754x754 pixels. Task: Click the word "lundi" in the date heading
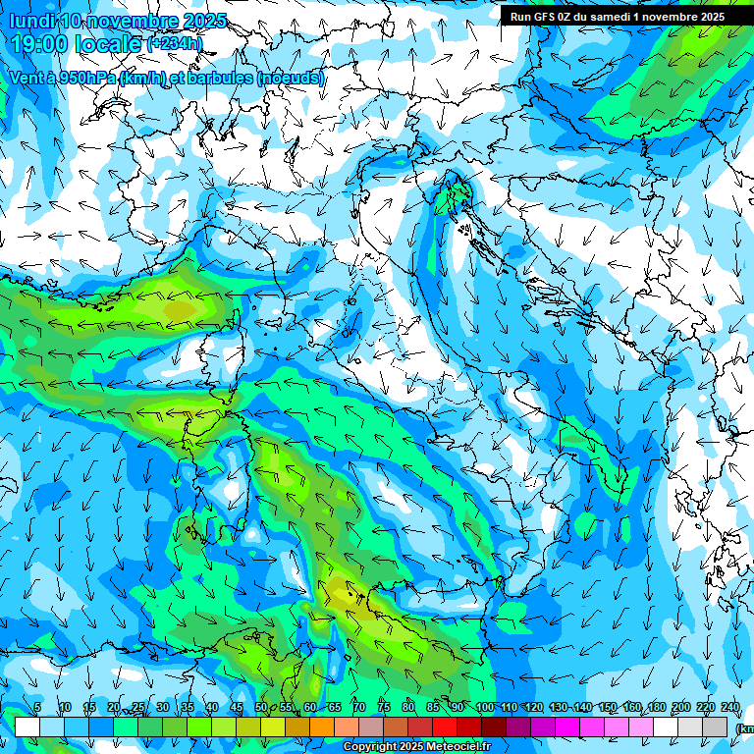tap(31, 21)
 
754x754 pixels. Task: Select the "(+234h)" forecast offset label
tap(175, 44)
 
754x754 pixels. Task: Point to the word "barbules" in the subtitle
tap(219, 78)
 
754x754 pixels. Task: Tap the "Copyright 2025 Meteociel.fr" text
tap(416, 747)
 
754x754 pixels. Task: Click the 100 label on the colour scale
tap(484, 708)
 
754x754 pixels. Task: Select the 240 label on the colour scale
tap(730, 708)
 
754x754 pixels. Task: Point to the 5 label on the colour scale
tap(37, 708)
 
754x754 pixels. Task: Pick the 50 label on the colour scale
tap(261, 708)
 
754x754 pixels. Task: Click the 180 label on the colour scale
tap(657, 708)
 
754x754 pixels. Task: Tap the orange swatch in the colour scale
tap(322, 727)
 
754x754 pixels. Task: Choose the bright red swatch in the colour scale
tap(445, 727)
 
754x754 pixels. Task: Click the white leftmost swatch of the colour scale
tap(27, 727)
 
